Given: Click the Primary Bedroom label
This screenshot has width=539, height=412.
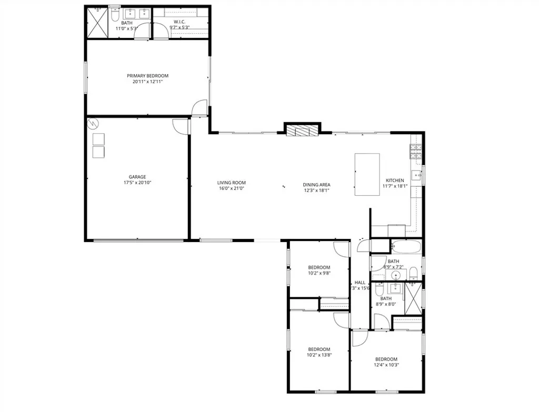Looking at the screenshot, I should click(147, 76).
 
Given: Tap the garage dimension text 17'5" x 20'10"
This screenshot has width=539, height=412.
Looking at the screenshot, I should click(137, 183).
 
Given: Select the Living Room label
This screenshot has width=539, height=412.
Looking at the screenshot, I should click(232, 183).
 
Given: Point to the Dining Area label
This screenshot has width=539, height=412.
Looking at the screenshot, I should click(316, 185).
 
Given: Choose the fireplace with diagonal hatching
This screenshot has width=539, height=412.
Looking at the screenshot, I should click(302, 130).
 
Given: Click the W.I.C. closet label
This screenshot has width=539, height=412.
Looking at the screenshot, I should click(179, 22).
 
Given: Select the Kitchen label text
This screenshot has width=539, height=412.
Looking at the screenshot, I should click(395, 180).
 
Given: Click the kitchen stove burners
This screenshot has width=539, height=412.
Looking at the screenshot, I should click(415, 152).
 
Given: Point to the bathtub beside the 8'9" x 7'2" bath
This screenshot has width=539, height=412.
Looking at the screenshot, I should click(406, 246).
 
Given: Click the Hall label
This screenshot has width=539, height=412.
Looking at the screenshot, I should click(360, 283).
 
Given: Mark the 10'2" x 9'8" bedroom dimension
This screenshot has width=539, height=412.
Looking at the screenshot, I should click(319, 273).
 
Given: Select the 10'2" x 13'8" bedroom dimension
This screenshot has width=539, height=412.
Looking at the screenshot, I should click(319, 355).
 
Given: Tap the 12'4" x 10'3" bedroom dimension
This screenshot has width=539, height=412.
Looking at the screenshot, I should click(386, 365).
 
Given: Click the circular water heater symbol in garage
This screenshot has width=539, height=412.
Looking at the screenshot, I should click(93, 124).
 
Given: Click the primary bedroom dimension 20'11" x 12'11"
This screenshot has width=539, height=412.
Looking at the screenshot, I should click(147, 82).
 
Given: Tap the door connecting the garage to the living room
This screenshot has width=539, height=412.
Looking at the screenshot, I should click(180, 125).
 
